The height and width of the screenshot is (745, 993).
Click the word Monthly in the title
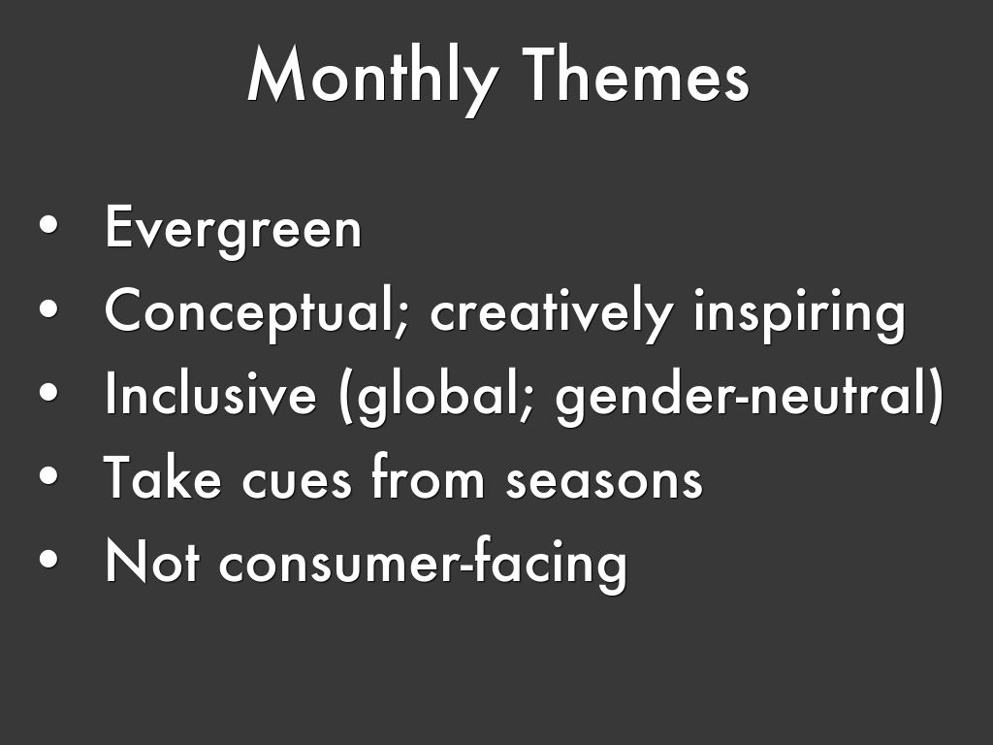372,80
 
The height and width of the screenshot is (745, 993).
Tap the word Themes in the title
635,75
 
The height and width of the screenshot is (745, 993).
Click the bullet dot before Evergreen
48,225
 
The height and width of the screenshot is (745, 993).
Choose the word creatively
551,314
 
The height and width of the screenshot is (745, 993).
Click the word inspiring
800,314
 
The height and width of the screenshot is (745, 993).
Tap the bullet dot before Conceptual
48,308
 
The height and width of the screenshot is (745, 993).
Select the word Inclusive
210,392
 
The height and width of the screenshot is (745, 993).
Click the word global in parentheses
438,396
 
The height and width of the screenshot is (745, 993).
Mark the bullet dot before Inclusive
48,392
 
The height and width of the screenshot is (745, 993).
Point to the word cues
297,481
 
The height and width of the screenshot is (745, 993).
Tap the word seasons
604,481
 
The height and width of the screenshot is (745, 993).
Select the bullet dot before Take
48,475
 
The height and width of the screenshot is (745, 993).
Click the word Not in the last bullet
152,561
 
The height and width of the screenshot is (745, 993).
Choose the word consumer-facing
423,564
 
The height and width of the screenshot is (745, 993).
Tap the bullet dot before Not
48,560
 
